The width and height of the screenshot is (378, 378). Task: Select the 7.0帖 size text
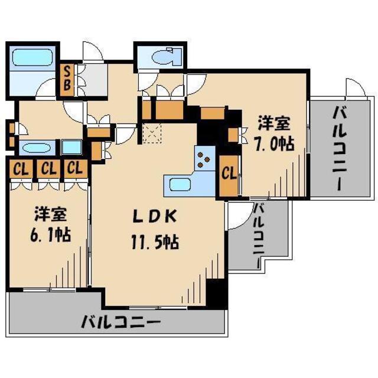click(276, 143)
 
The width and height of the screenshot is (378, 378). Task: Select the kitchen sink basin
click(180, 185)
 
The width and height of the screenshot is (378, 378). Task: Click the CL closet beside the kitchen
click(229, 174)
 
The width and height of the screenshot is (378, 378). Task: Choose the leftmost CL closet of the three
click(20, 168)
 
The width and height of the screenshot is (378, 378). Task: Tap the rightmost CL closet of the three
click(74, 168)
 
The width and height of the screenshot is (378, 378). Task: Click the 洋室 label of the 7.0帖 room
click(274, 123)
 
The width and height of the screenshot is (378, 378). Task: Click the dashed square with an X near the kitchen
click(151, 134)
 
